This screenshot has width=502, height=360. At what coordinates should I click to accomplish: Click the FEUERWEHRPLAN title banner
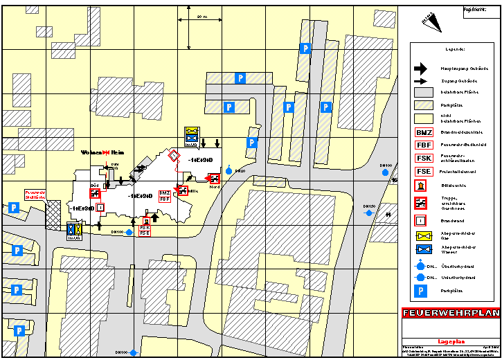[x=450, y=313]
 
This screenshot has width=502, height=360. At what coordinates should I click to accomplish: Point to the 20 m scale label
[x=201, y=16]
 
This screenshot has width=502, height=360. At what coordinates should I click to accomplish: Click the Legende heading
[x=454, y=50]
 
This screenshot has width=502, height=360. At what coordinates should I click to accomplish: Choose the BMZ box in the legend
[x=424, y=132]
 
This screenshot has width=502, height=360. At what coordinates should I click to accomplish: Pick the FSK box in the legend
[x=424, y=158]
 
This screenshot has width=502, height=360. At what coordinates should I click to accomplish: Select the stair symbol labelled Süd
[x=96, y=193]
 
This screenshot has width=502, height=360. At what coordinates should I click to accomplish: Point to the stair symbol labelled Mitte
[x=183, y=190]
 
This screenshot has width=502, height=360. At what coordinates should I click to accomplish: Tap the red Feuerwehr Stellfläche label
[x=35, y=195]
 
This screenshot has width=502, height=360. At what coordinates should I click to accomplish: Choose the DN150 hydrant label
[x=369, y=206]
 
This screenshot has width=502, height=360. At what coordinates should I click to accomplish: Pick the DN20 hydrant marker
[x=229, y=168]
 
